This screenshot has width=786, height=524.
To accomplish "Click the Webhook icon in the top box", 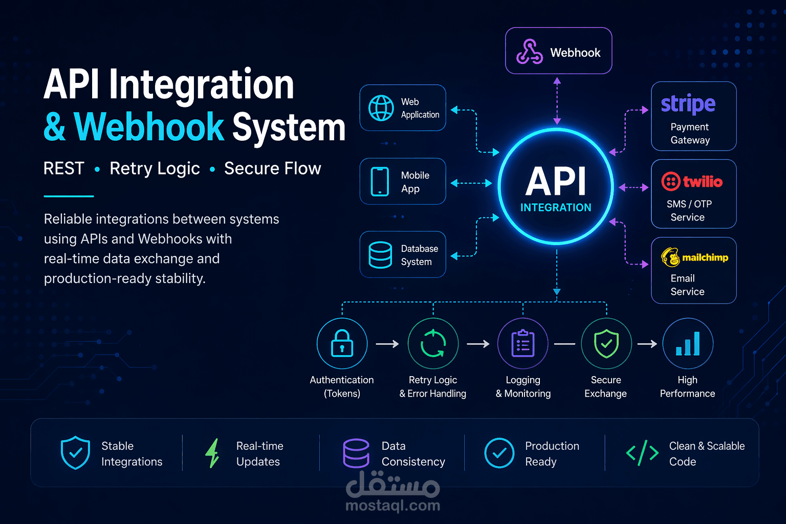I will (529, 52).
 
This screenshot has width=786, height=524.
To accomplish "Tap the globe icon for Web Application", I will (381, 108).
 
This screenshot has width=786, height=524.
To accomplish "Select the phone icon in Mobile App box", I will (380, 182).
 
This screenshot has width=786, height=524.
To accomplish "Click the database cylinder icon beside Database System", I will (380, 255).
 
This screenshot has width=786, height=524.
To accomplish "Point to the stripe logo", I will (688, 104).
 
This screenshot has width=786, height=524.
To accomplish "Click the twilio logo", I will (692, 182).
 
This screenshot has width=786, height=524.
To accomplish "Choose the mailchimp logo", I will (694, 257).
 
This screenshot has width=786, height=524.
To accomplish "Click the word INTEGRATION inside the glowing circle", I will (556, 207).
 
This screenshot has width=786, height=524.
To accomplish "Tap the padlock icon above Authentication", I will (342, 343).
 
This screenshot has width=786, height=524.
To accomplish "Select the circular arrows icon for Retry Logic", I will (433, 343).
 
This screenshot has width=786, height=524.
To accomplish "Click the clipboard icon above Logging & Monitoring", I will (523, 343).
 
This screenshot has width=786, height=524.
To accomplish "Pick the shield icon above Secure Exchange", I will (606, 343).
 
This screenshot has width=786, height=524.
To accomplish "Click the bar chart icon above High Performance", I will (688, 343).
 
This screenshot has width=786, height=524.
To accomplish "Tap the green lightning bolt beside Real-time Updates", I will (212, 453).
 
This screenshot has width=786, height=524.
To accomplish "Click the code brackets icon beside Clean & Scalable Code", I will (642, 453).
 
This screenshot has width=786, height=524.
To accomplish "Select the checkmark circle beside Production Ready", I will (499, 453).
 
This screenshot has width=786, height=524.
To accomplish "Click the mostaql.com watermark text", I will (392, 506).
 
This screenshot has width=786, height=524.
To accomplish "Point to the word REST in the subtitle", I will (63, 168).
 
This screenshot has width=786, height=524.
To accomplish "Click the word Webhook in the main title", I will (149, 127).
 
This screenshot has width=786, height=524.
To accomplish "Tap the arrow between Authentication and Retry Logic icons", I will (387, 344).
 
